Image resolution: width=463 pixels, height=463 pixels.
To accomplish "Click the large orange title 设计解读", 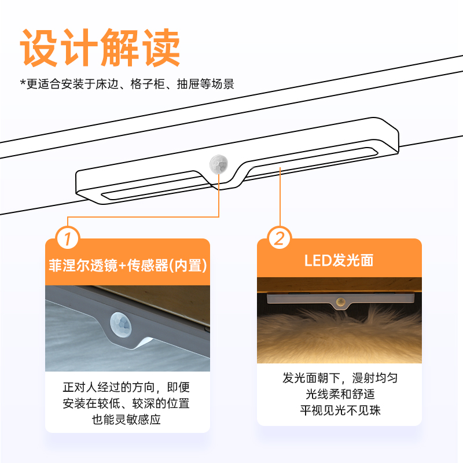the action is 100,47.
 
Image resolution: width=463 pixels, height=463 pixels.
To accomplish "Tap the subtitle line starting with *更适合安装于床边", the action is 127,84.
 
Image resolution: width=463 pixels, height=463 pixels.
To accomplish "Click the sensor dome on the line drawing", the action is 219,164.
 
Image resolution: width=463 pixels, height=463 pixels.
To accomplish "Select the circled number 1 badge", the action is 68,238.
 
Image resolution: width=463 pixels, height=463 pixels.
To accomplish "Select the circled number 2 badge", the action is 280,238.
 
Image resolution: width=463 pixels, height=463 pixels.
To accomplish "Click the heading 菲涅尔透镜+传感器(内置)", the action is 127,266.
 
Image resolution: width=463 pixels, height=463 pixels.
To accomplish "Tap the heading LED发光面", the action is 339,260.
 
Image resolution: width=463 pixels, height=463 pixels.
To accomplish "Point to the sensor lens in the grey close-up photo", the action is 120,324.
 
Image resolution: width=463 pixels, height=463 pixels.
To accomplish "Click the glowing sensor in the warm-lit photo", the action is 341,302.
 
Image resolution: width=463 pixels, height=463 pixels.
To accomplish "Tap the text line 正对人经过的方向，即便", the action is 126,387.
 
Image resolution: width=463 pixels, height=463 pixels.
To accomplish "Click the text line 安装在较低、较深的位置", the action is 126,403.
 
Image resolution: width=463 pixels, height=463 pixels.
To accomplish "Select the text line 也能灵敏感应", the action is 126,419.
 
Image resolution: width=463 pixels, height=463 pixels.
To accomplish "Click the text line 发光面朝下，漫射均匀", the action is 340,378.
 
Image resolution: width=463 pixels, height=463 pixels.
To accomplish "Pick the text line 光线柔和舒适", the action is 340,394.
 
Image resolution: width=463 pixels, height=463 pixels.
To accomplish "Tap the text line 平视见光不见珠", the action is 340,410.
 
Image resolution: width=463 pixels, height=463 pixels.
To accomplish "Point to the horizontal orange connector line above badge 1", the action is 143,217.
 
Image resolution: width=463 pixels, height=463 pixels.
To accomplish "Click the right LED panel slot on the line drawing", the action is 313,161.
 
